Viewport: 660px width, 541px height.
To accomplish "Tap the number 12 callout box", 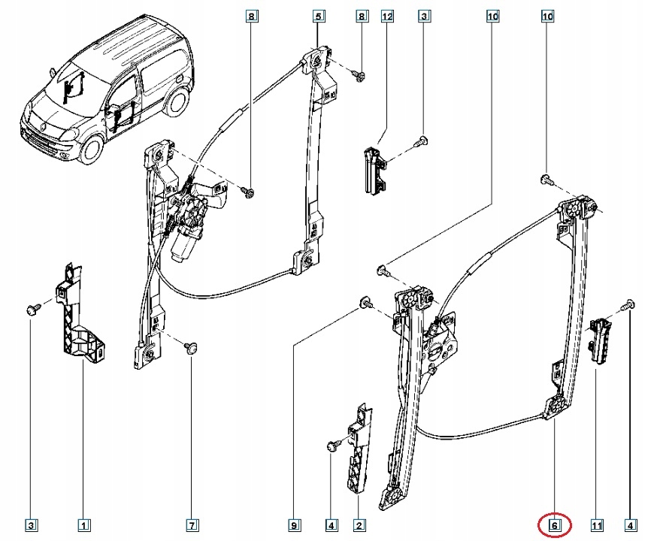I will (388, 15).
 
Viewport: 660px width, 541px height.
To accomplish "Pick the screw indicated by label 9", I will (365, 302).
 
